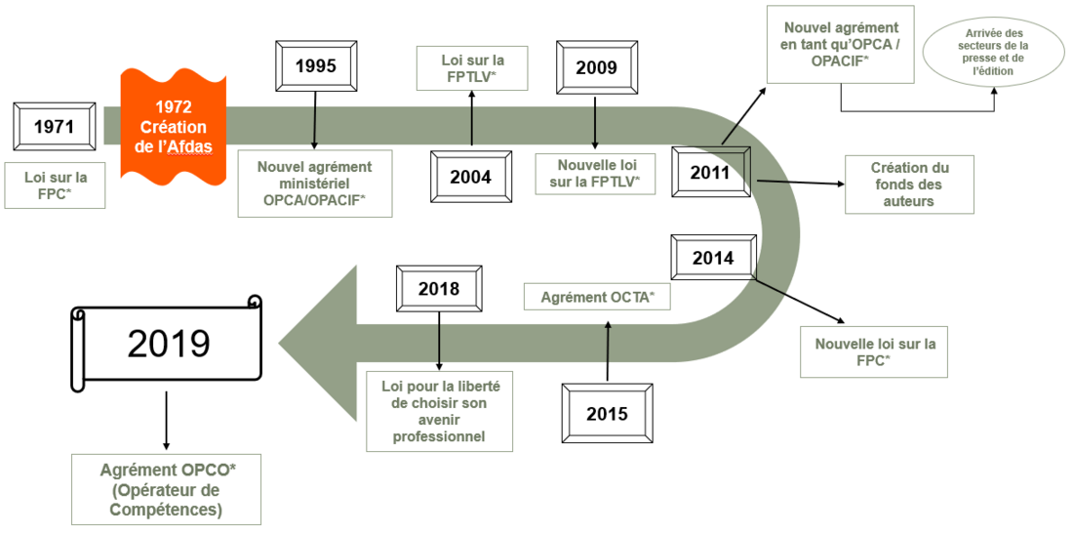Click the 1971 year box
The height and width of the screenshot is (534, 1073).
(x=54, y=126)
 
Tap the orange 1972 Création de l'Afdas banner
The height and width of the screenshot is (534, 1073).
(x=173, y=127)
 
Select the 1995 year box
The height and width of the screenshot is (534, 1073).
(x=315, y=65)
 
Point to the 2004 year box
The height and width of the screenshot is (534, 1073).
(x=471, y=177)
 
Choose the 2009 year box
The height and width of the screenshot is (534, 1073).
(x=597, y=67)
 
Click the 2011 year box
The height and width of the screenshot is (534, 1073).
(x=710, y=172)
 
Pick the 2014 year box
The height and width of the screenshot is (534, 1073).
(x=713, y=258)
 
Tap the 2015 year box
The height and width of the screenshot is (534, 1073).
(x=607, y=414)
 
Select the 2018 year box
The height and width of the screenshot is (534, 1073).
(x=439, y=288)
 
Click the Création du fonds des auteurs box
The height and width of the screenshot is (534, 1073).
(x=909, y=185)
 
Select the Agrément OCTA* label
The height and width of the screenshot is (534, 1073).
(x=597, y=298)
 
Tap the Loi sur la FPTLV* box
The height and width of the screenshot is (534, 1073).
(x=472, y=67)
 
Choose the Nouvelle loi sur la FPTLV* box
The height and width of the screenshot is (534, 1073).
(x=595, y=175)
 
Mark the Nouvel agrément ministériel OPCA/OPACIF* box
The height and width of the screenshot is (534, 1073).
(x=315, y=184)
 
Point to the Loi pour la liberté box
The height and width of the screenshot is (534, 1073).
(x=439, y=411)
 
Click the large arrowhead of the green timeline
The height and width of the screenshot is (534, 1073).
(x=318, y=343)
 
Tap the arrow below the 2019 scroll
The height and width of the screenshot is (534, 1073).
(x=166, y=420)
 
